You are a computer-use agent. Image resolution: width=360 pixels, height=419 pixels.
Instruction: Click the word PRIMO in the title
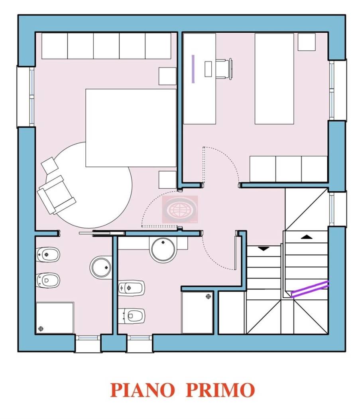[x=220, y=389]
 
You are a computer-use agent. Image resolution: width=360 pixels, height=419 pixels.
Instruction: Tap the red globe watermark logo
[x=179, y=209]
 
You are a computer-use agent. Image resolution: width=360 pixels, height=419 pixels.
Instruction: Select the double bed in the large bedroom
[x=131, y=128]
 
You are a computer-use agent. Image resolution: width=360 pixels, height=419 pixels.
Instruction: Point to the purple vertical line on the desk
[x=193, y=69]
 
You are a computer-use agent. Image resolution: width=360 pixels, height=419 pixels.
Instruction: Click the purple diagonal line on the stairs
[x=310, y=289]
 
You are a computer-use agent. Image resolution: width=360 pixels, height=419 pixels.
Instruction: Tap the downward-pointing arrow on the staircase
[x=264, y=248]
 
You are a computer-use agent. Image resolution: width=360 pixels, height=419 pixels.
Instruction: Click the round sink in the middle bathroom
[x=163, y=250]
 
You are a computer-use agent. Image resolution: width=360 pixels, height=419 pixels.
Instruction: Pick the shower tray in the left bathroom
[x=55, y=318]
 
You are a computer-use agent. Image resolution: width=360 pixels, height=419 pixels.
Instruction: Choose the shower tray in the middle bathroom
[x=197, y=312]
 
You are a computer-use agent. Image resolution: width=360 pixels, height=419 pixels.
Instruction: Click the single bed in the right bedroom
[x=274, y=79]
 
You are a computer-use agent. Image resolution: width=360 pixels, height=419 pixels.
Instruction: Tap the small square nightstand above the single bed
[x=306, y=42]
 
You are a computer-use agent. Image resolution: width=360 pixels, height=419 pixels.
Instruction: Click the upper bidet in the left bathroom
[x=48, y=254]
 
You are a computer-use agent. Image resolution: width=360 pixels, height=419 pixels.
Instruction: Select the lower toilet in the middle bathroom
[x=131, y=316]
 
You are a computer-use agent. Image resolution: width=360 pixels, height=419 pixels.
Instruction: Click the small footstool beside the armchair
[x=49, y=165]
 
